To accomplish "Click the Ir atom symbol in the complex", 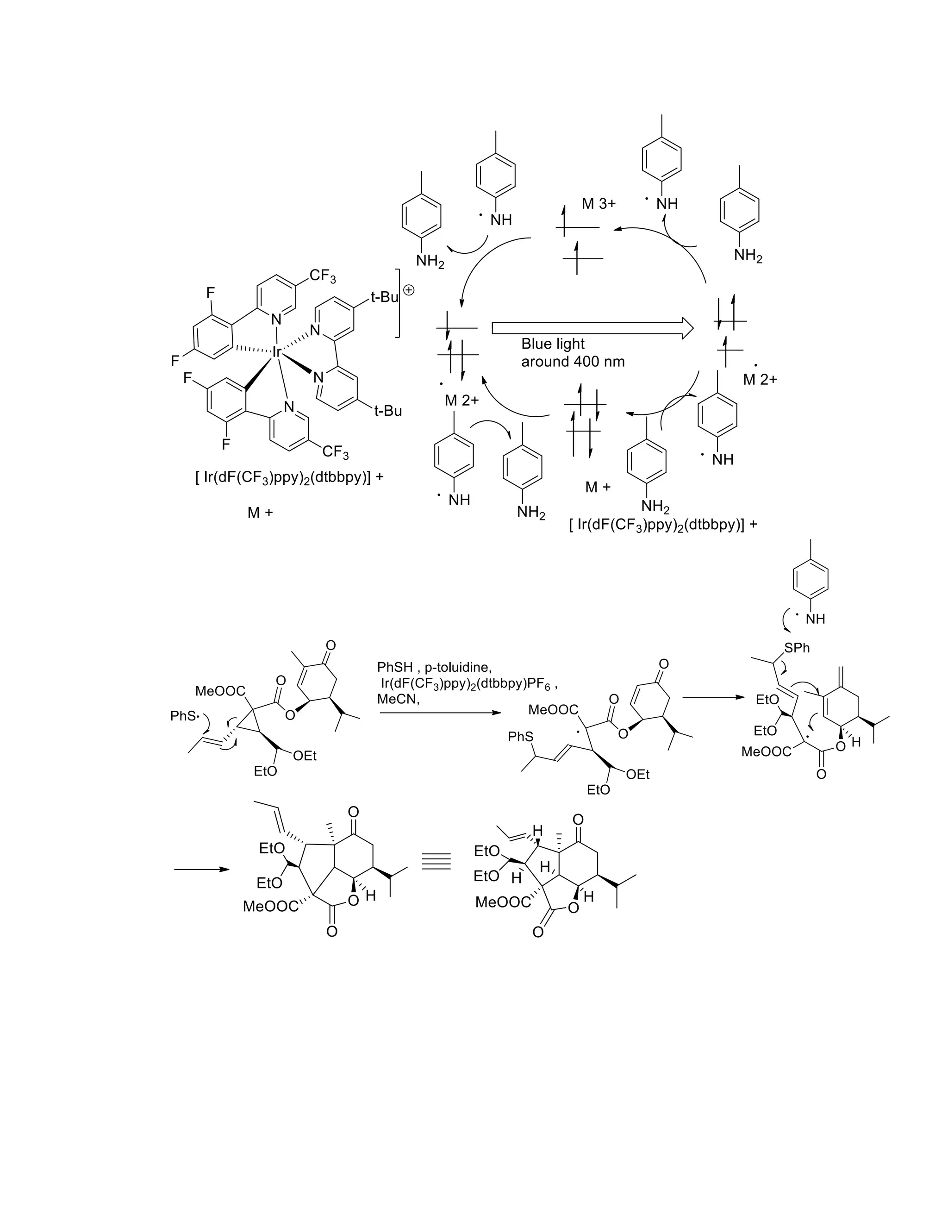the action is (x=276, y=352).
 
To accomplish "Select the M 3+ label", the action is (x=599, y=203).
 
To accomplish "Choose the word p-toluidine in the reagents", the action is (x=458, y=667).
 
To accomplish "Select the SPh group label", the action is (x=797, y=648).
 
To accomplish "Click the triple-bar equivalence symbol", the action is (x=437, y=862).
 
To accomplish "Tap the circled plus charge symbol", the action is (x=409, y=290).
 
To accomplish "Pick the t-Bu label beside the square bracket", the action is (x=384, y=297).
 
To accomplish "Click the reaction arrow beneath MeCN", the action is (x=439, y=713).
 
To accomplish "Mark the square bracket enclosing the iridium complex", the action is (x=398, y=303).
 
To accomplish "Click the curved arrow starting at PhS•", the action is (x=206, y=722).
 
